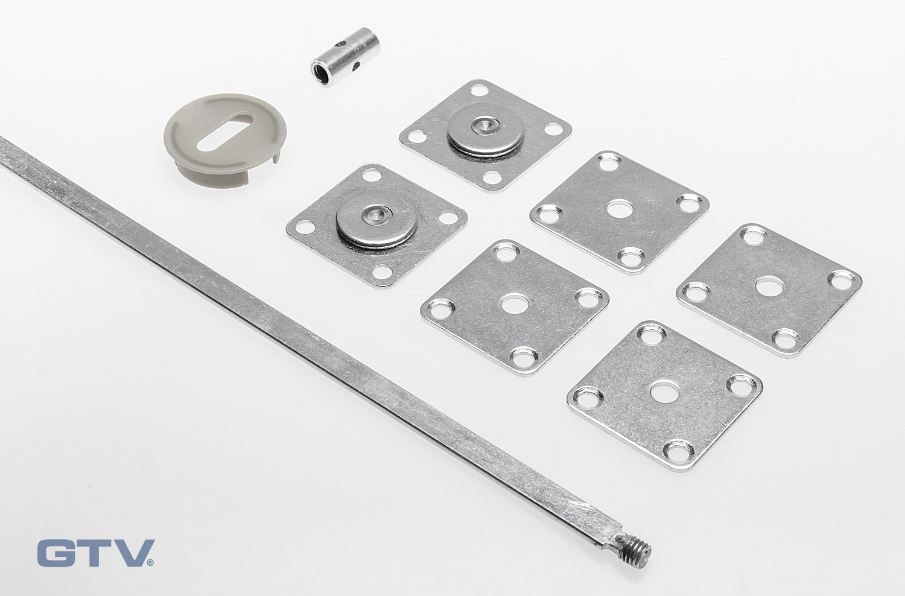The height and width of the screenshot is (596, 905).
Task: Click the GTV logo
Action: coord(96,553)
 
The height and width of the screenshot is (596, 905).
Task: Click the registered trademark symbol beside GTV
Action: coord(150,563)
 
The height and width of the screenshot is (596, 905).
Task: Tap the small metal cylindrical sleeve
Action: coord(346,57)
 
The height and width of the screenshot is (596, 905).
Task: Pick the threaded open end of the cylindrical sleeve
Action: coord(320,73)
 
